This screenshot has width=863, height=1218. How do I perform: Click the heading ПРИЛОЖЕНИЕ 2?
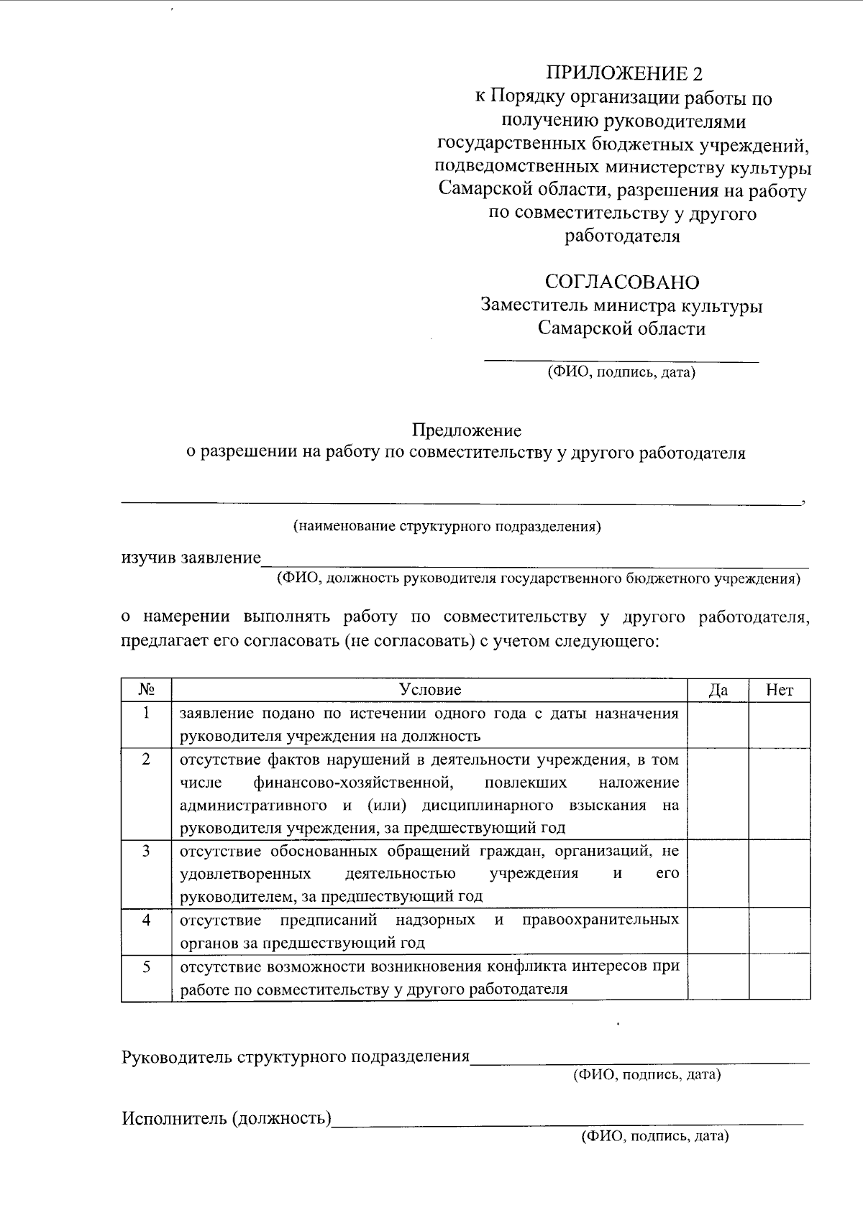click(623, 73)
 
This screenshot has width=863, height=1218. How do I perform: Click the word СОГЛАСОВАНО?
click(621, 282)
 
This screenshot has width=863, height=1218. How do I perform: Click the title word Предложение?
click(466, 430)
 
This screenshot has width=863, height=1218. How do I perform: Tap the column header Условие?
click(429, 690)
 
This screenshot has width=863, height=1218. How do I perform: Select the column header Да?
click(718, 690)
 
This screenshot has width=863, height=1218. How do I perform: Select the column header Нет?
click(780, 690)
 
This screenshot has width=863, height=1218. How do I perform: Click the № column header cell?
click(147, 690)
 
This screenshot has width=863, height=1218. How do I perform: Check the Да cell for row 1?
click(718, 724)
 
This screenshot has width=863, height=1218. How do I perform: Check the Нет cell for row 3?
click(780, 873)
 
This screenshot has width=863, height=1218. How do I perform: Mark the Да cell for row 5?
click(718, 977)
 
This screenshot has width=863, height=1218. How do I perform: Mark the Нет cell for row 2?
click(780, 793)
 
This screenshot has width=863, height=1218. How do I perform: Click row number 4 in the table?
click(147, 920)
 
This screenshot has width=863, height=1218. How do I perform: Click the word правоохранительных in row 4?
click(601, 920)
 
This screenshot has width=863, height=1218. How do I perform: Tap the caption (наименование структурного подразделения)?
click(447, 527)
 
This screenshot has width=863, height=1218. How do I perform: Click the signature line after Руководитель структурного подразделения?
click(639, 1059)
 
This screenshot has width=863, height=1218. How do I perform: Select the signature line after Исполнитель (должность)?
click(568, 1121)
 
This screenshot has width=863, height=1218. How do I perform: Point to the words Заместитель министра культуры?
click(621, 305)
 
